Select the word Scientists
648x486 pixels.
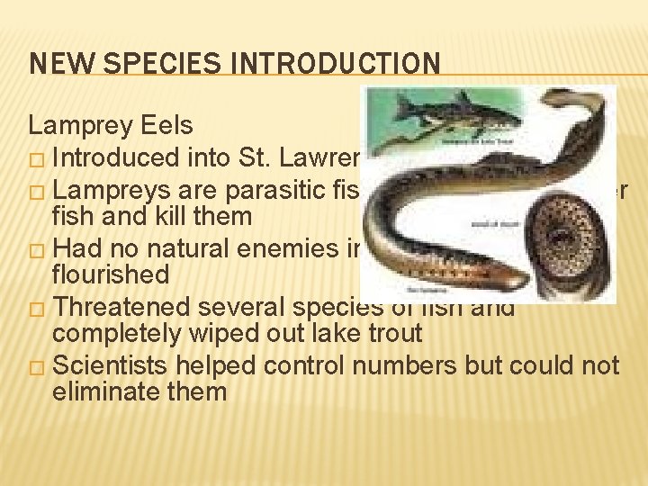tap(115, 364)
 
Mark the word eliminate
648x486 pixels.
tap(105, 392)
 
